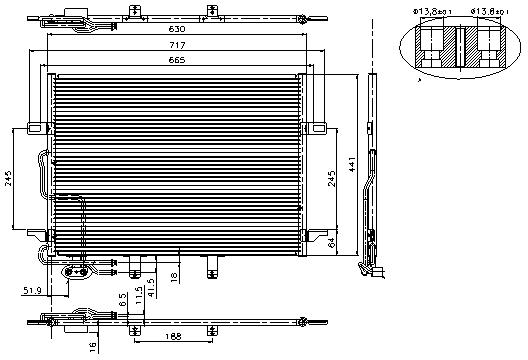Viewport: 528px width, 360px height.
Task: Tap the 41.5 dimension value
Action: [150, 287]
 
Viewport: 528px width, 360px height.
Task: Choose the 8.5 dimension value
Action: [121, 297]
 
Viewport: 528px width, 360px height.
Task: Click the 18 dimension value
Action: [174, 275]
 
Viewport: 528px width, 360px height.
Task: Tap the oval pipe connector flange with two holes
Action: [76, 270]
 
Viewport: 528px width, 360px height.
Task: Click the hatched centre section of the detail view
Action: [458, 46]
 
